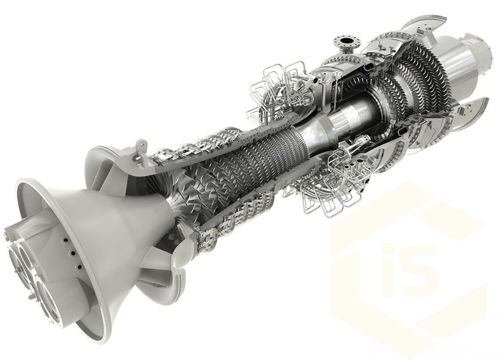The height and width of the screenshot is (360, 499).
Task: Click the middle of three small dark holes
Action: tap(73, 253)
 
